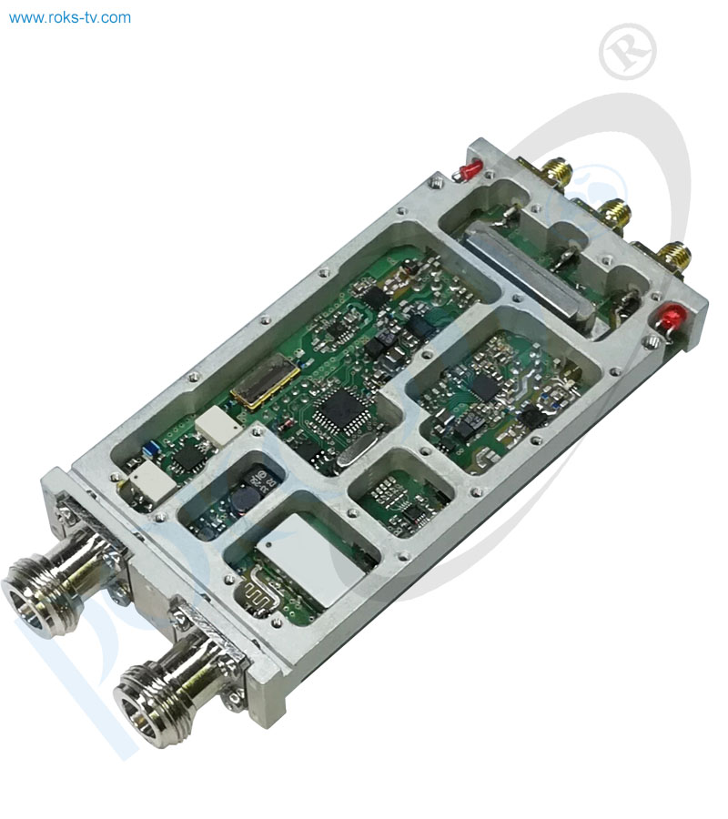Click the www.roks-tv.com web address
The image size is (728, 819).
[70, 17]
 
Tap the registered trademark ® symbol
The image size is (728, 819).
[628, 50]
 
